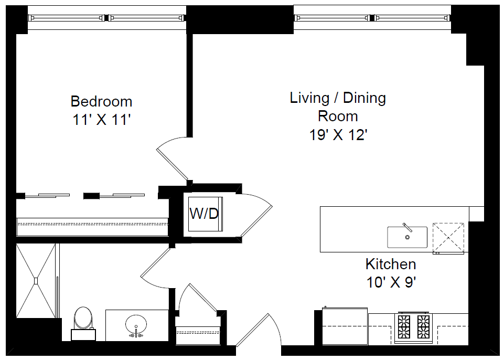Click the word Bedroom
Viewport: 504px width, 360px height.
click(101, 101)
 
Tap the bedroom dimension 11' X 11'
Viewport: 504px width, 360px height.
click(102, 120)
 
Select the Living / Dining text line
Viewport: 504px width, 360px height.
click(338, 98)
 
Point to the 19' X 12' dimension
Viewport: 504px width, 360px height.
click(338, 135)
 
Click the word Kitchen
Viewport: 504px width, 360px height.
click(391, 264)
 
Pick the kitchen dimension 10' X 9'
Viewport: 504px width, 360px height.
click(391, 283)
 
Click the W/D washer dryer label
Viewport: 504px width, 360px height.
click(204, 214)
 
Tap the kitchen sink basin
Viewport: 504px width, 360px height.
click(408, 237)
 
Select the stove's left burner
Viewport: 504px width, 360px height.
click(404, 326)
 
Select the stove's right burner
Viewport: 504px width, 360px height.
click(423, 326)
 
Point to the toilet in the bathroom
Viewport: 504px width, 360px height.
click(83, 323)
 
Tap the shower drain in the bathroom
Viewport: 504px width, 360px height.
click(36, 281)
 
